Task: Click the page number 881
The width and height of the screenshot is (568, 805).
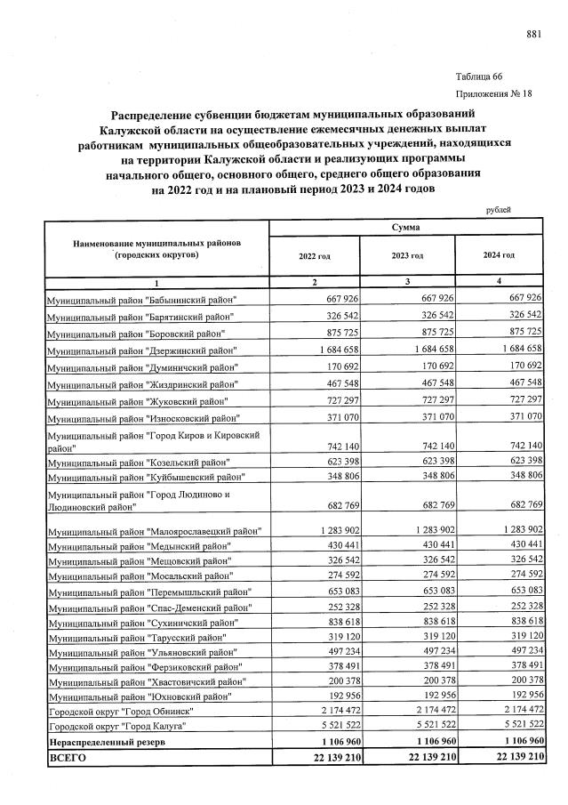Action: point(533,34)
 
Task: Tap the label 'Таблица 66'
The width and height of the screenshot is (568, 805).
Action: point(479,77)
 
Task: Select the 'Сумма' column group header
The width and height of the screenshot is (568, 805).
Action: point(405,228)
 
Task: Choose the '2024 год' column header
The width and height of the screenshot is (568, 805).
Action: point(499,256)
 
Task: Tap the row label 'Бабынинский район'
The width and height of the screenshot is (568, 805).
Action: point(142,298)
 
